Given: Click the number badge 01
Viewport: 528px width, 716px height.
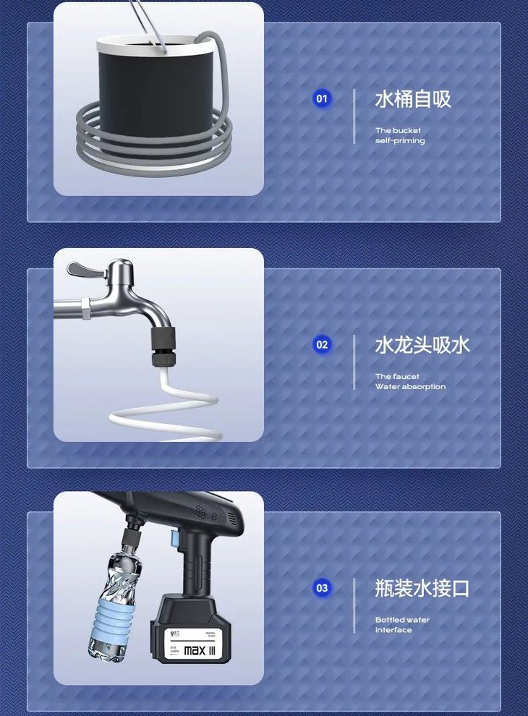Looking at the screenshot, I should [322, 99].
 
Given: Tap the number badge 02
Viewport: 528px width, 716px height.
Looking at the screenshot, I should [322, 345].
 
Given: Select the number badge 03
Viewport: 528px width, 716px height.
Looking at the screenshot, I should [322, 588].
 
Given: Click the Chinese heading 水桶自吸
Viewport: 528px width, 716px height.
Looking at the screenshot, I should [412, 99].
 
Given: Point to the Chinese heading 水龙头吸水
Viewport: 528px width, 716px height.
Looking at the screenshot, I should [422, 345].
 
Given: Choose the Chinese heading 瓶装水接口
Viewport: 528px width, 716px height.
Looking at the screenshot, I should [422, 588].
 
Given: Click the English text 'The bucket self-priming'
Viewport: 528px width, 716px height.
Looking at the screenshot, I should [399, 136].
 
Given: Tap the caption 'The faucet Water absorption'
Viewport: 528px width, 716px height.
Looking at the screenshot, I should [410, 382].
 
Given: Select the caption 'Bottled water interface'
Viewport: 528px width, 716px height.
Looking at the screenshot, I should [402, 625].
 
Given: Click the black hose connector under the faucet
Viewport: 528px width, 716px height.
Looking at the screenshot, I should [159, 347].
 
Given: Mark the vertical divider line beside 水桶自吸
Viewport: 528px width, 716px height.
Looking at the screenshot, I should [354, 116].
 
